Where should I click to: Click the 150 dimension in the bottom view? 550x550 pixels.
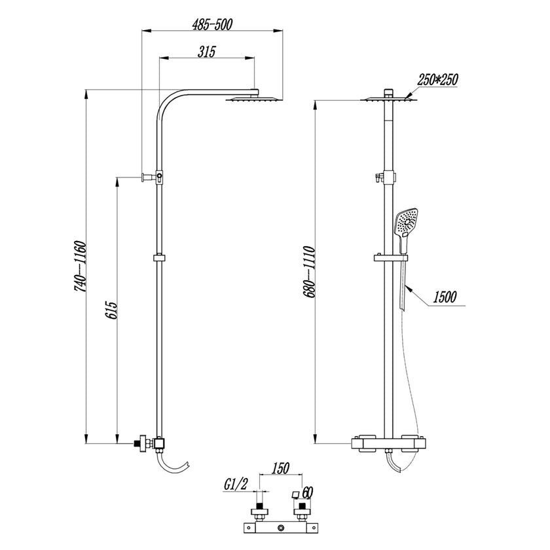(280, 468)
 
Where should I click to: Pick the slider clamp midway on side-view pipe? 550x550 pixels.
(158, 258)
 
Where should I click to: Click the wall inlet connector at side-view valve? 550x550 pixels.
(140, 443)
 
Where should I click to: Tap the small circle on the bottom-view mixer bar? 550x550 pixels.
(280, 528)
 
